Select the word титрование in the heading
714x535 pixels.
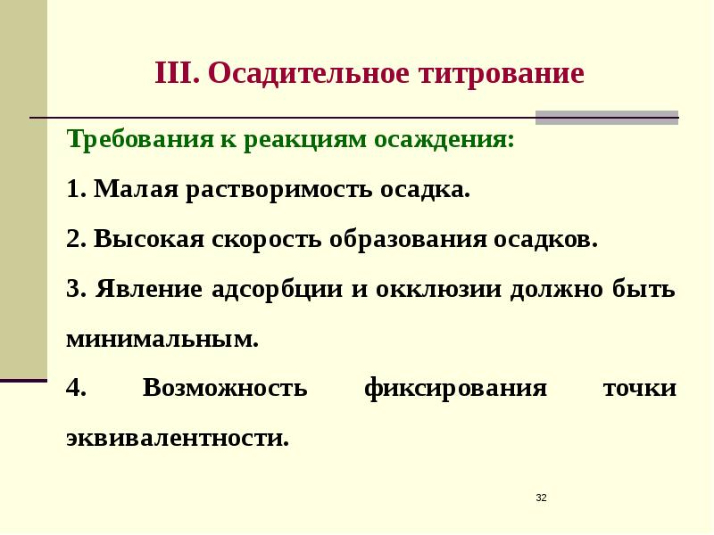coord(500,73)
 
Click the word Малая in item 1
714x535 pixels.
coord(135,191)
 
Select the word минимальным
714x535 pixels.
coord(162,340)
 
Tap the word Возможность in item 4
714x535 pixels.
coord(225,390)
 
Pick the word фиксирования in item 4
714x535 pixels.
coord(455,390)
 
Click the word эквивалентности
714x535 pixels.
coord(177,439)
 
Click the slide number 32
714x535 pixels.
coord(541,497)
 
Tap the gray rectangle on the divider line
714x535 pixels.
coord(606,117)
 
